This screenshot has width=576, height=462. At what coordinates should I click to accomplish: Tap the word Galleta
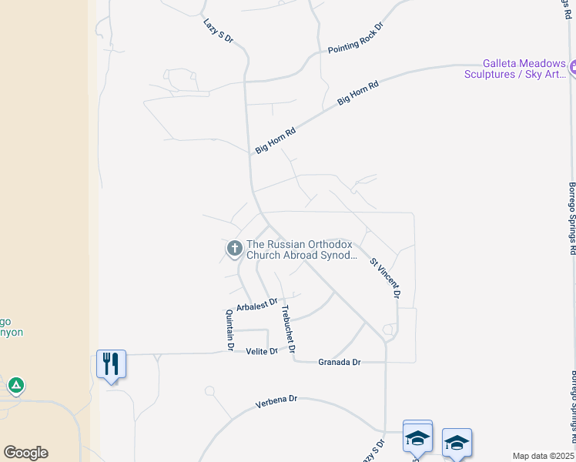point(501,64)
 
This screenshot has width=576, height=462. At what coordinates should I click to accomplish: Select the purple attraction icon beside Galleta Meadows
point(572,69)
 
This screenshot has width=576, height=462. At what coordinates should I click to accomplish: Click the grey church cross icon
point(233,249)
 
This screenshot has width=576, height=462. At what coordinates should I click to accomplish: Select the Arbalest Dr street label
point(256,305)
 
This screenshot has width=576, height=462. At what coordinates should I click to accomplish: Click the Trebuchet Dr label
point(288,330)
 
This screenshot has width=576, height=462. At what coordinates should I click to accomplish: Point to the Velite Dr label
point(261,351)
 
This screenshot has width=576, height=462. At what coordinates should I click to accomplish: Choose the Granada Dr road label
point(339,361)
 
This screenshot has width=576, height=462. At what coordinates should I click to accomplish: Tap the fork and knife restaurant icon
point(111,363)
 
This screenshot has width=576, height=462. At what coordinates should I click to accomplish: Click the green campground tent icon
point(15,384)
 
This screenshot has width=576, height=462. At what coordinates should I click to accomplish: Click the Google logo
point(25,453)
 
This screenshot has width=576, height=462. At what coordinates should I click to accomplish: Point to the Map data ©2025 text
point(543,456)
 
